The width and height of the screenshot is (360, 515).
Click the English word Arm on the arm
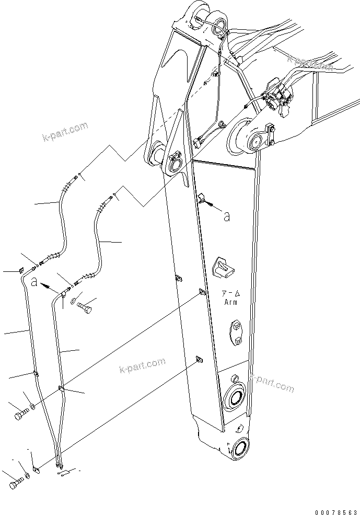[x=230, y=302]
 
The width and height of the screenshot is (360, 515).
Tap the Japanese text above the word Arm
[x=230, y=294]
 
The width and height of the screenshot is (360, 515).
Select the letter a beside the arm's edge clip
[x=226, y=216]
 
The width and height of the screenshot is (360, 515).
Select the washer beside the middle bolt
[x=32, y=406]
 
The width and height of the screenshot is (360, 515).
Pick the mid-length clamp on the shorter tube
[x=61, y=388]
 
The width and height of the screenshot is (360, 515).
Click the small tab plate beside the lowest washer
[x=34, y=469]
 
